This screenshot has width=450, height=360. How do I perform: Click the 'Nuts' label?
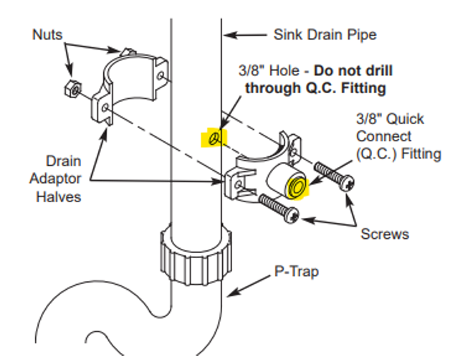pos(47,34)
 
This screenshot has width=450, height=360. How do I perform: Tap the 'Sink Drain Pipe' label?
pos(325,34)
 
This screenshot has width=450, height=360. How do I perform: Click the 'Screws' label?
pos(385,234)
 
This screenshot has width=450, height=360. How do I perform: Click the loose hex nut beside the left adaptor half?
pos(71,87)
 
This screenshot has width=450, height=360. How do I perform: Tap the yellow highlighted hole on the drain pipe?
pos(214,138)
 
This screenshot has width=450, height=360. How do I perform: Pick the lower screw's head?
pos(291,213)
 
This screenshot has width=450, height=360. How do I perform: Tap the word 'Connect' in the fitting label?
pos(382,136)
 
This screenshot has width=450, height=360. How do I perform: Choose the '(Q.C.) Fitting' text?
pos(400,153)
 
